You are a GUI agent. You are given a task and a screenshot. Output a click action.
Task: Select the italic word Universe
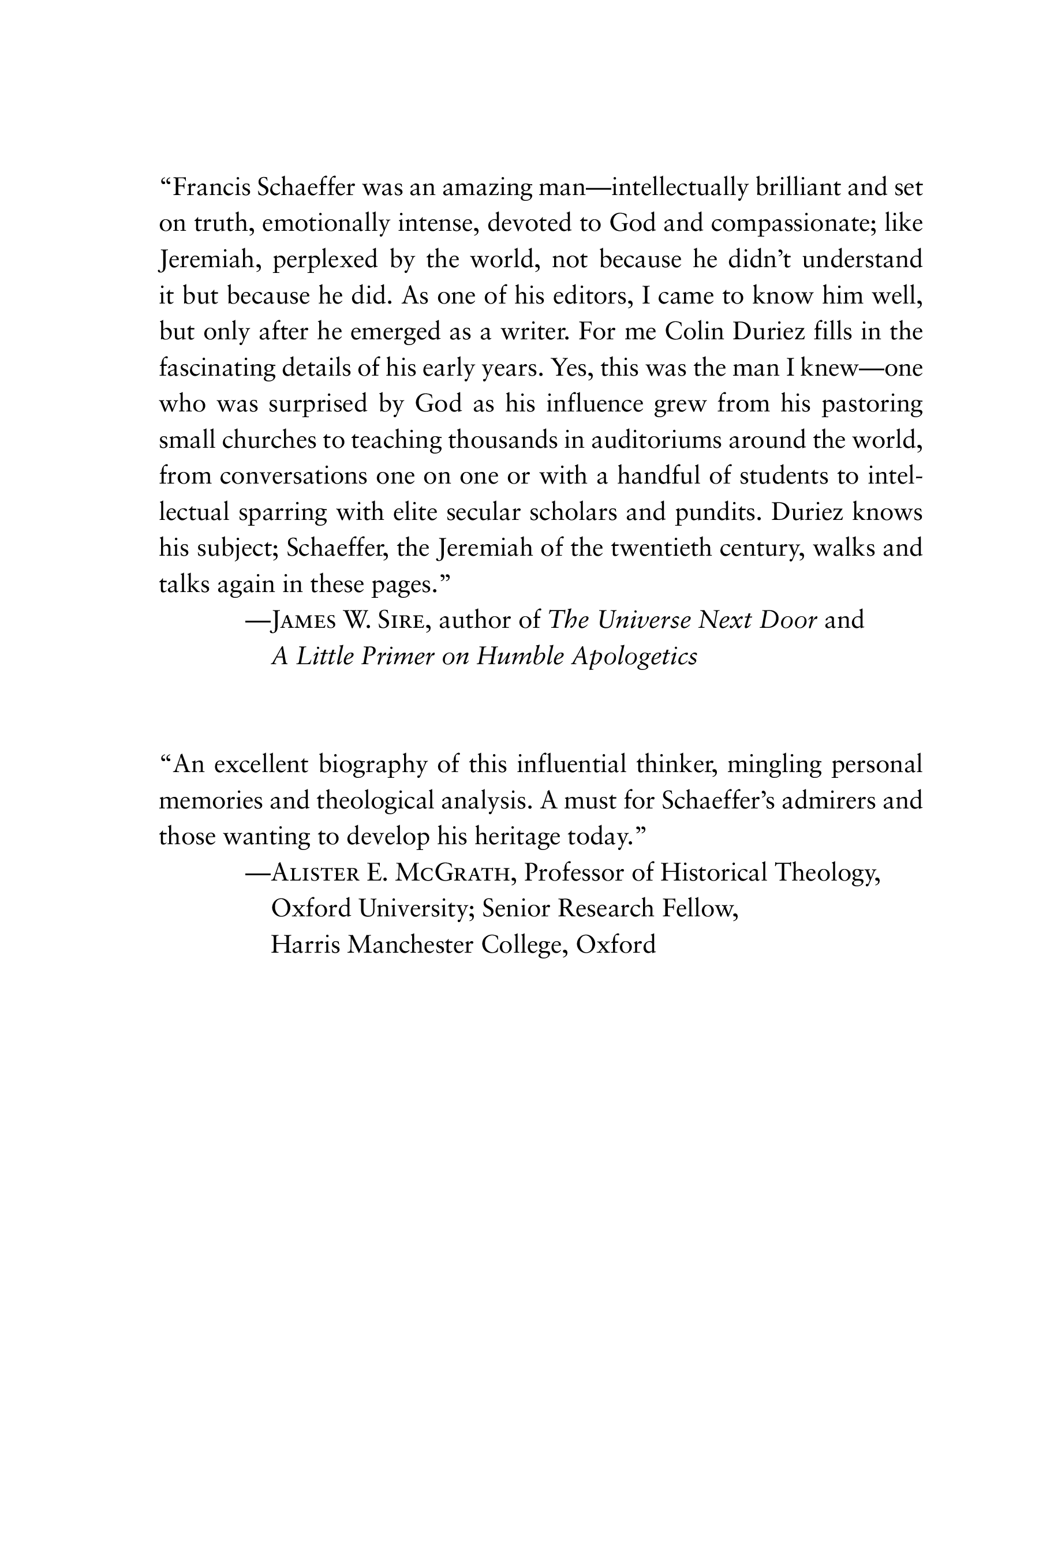(644, 620)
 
